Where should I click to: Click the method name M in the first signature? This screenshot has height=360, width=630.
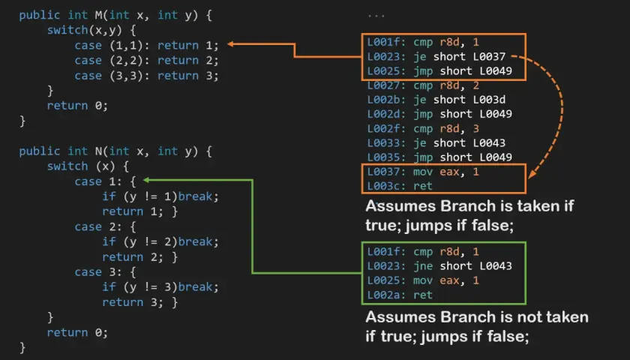click(x=99, y=15)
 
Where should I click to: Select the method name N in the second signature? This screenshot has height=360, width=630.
click(x=99, y=151)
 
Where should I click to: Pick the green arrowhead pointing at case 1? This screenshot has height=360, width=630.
click(x=147, y=180)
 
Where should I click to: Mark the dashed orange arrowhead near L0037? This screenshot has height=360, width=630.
click(x=532, y=174)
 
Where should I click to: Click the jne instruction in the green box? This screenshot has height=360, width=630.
click(x=424, y=266)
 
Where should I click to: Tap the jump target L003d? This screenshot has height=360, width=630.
click(x=488, y=100)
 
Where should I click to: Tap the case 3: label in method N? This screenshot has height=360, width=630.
click(x=98, y=272)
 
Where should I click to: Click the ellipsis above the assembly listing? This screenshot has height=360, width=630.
click(x=376, y=16)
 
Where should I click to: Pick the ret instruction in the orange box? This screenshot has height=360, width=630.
click(x=423, y=186)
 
